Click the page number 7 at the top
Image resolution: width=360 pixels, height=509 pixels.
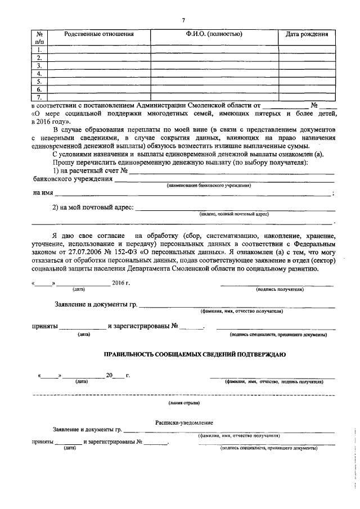183,21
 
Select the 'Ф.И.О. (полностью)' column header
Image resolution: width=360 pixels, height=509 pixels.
214,34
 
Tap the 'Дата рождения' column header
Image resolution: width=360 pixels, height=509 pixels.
307,34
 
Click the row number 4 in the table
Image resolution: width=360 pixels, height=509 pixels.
39,74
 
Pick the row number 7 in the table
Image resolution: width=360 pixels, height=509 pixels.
39,97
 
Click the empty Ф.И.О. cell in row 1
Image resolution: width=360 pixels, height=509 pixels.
214,49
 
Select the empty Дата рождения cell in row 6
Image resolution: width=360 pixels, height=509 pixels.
307,89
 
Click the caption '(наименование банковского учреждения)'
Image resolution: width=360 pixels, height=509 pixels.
208,186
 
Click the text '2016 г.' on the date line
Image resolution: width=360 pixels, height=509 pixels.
121,282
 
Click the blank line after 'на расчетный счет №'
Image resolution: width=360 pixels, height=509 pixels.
231,172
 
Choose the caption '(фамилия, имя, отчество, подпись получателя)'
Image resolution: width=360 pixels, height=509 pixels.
274,381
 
